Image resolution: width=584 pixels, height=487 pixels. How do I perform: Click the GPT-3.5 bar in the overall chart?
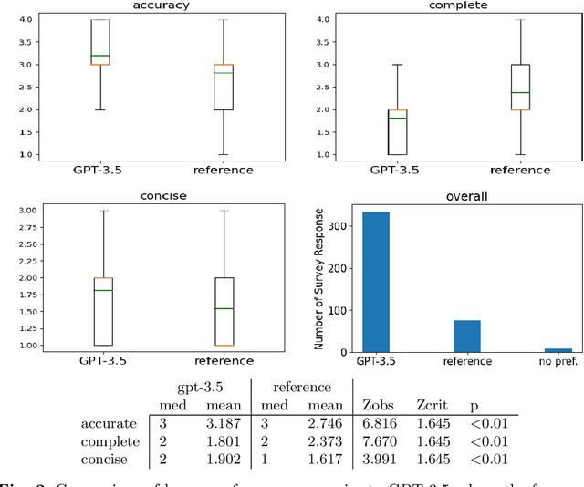pyautogui.click(x=375, y=282)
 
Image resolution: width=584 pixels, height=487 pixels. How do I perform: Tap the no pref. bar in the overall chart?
pyautogui.click(x=558, y=349)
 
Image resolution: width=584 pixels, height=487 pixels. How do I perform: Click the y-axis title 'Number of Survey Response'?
pyautogui.click(x=320, y=282)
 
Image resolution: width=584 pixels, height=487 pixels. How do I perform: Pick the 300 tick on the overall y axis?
pyautogui.click(x=339, y=226)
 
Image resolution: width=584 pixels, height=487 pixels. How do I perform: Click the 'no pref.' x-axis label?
pyautogui.click(x=558, y=361)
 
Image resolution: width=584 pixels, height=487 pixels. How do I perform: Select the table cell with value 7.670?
pyautogui.click(x=382, y=440)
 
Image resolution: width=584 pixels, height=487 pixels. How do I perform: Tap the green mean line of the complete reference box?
pyautogui.click(x=520, y=92)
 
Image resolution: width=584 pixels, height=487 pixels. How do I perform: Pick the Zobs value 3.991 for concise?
pyautogui.click(x=382, y=458)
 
